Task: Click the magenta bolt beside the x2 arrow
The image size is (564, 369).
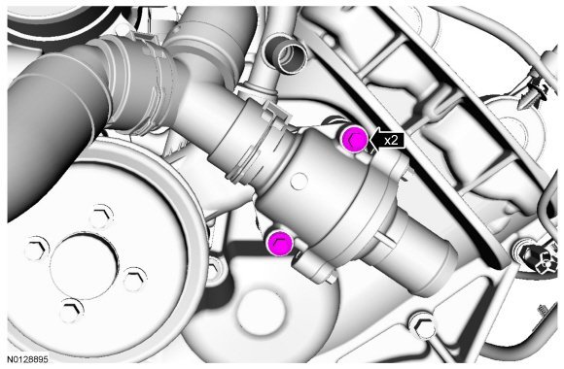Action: [354, 140]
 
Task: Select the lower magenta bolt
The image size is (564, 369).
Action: [280, 243]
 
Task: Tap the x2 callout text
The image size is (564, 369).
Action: [391, 140]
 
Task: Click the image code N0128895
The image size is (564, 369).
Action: [27, 359]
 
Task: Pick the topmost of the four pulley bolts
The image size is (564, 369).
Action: [101, 217]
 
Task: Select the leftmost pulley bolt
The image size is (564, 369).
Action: [37, 249]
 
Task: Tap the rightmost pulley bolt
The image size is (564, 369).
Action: [135, 279]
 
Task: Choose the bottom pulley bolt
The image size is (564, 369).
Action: [72, 311]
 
